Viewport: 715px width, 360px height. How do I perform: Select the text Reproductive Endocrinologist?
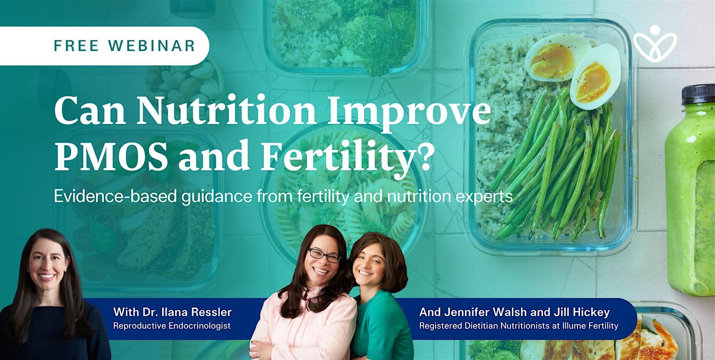(x=172, y=326)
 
